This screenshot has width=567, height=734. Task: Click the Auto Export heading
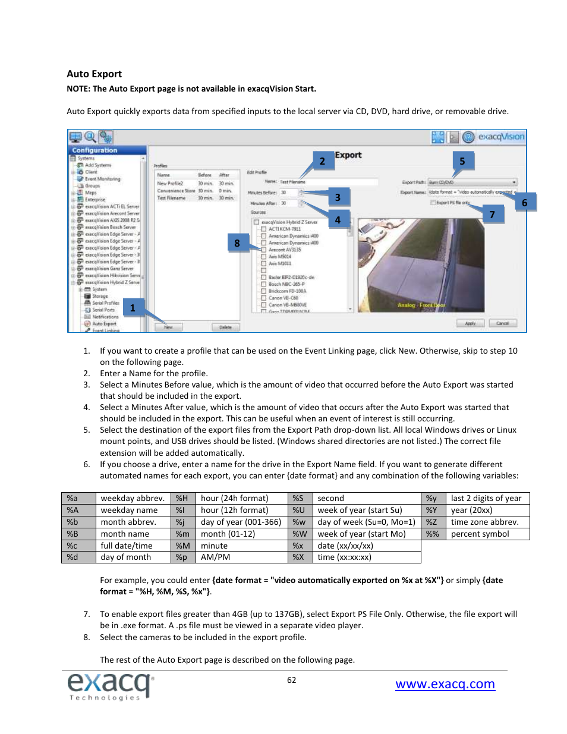click(94, 74)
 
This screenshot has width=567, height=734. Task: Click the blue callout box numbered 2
click(322, 161)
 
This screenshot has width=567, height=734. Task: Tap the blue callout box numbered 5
click(462, 161)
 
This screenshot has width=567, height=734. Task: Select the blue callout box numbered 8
click(237, 243)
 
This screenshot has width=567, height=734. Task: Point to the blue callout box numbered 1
click(133, 308)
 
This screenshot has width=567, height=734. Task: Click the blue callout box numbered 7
click(492, 215)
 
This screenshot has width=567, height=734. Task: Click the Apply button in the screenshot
click(470, 323)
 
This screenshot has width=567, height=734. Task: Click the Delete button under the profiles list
click(225, 327)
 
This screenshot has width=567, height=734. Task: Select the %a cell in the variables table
click(78, 499)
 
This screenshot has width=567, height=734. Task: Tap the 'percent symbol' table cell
click(487, 534)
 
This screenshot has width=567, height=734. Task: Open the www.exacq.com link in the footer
click(445, 684)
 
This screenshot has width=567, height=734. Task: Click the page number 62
click(291, 681)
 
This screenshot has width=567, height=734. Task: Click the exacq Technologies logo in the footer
click(110, 687)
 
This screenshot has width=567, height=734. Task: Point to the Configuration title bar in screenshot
click(107, 150)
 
